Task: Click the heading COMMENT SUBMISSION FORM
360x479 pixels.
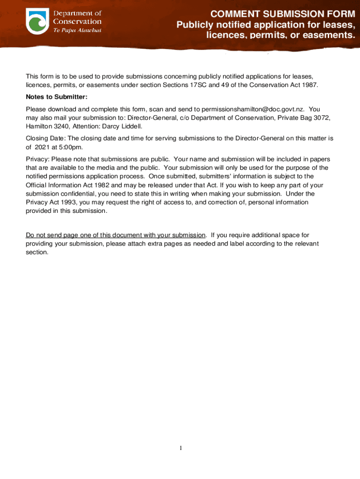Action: click(x=283, y=14)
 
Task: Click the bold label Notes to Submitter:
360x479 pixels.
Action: click(x=57, y=97)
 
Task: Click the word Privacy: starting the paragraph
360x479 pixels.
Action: click(x=37, y=159)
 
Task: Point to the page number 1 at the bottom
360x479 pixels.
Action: click(x=180, y=449)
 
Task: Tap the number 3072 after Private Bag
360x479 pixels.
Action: click(x=322, y=118)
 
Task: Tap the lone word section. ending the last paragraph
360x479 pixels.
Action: click(x=37, y=252)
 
